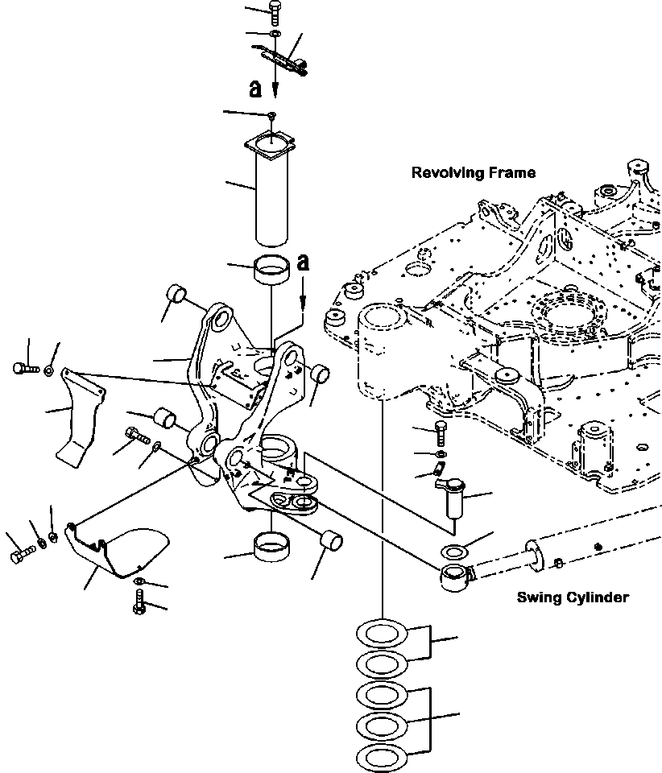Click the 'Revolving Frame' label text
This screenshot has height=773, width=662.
[x=473, y=172]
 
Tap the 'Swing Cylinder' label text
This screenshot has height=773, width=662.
[x=572, y=597]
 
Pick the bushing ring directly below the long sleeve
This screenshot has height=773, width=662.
[x=273, y=268]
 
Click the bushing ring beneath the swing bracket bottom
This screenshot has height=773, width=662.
[x=273, y=548]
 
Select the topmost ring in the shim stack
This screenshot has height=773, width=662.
[x=380, y=633]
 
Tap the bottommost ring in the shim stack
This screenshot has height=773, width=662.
[x=380, y=757]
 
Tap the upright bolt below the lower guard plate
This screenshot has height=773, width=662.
[x=140, y=601]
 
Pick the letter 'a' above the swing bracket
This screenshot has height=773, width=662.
[x=303, y=262]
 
